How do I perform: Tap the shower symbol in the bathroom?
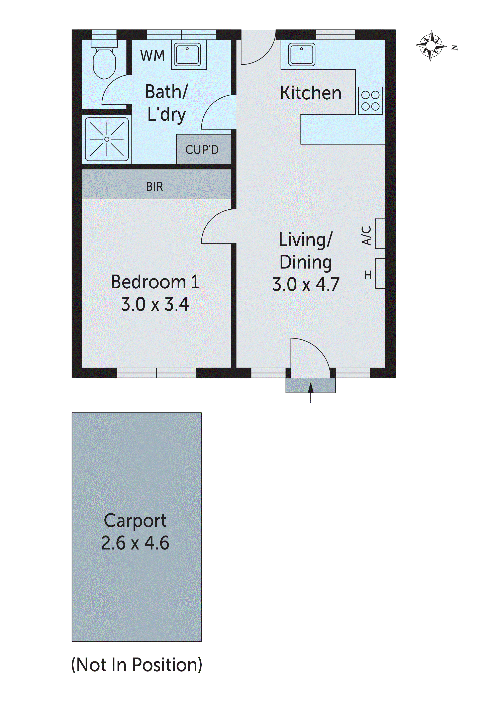click(x=107, y=139)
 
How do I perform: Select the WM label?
click(x=153, y=56)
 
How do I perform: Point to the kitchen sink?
click(x=302, y=55)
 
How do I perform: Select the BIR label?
click(x=155, y=186)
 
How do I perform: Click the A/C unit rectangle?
click(x=380, y=234)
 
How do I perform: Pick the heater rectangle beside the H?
click(x=380, y=273)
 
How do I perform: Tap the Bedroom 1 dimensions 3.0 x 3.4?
click(x=155, y=304)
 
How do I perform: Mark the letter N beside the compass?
click(x=455, y=47)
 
